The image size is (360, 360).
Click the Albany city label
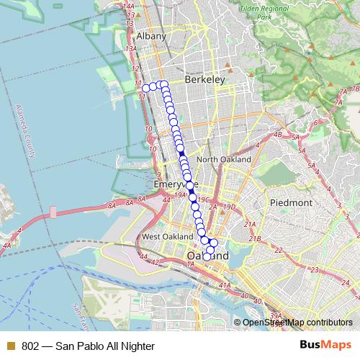pyautogui.click(x=152, y=36)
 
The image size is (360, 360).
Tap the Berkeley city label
pyautogui.click(x=204, y=80)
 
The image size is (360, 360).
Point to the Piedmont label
pyautogui.click(x=291, y=203)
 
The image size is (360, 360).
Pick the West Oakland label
pyautogui.click(x=165, y=237)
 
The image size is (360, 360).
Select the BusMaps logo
pyautogui.click(x=325, y=346)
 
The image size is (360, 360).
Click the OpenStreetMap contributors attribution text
pyautogui.click(x=297, y=323)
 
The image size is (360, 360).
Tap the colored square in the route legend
pyautogui.click(x=11, y=346)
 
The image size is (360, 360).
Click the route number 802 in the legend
pyautogui.click(x=30, y=346)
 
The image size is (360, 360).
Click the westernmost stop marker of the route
pyautogui.click(x=145, y=88)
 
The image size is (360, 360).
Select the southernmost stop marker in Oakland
pyautogui.click(x=207, y=256)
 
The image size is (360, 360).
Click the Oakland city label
pyautogui.click(x=207, y=256)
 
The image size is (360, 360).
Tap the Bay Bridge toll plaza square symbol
pyautogui.click(x=53, y=213)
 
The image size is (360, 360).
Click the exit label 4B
pyautogui.click(x=278, y=134)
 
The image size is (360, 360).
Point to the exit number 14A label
pyautogui.click(x=130, y=6)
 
